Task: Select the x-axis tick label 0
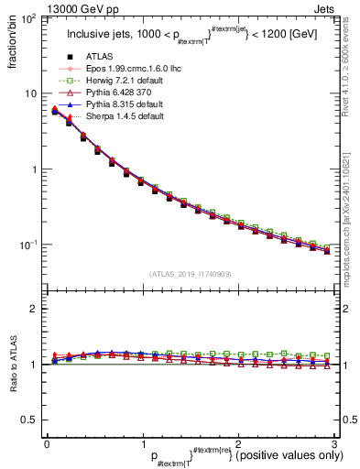pyautogui.click(x=47, y=444)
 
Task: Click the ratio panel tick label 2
pyautogui.click(x=33, y=309)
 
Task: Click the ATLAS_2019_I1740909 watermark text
pyautogui.click(x=191, y=273)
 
